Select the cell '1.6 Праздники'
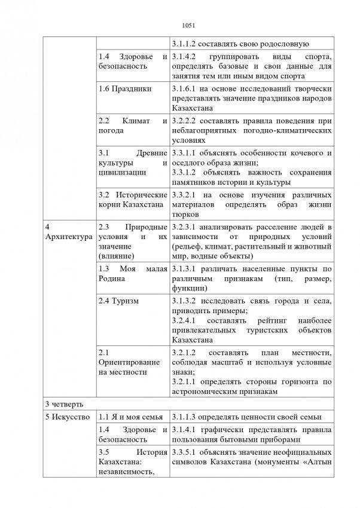pos(124,88)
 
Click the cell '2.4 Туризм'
pos(118,301)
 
